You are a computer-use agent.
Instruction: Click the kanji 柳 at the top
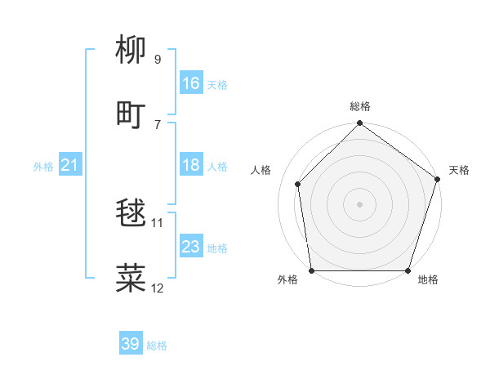[x=131, y=50]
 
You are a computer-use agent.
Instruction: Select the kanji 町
[x=131, y=114]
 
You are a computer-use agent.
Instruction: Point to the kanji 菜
[x=131, y=277]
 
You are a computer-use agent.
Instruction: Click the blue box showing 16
[x=191, y=83]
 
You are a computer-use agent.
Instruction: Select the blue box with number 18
[x=191, y=166]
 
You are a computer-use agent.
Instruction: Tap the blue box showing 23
[x=191, y=248]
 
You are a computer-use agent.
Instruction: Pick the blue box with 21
[x=70, y=166]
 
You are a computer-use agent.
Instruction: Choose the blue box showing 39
[x=131, y=344]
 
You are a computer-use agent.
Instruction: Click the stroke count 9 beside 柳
[x=158, y=60]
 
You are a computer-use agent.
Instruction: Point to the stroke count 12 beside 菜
[x=158, y=288]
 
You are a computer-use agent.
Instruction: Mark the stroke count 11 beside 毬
[x=158, y=222]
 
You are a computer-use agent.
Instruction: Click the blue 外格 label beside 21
[x=43, y=167]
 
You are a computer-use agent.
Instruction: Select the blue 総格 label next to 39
[x=157, y=346]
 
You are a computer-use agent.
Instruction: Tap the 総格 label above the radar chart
[x=360, y=106]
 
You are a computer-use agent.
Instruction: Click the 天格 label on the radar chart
[x=459, y=170]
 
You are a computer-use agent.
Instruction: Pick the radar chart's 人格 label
[x=261, y=170]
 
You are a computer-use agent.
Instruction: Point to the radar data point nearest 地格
[x=408, y=270]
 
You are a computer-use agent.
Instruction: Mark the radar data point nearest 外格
[x=311, y=270]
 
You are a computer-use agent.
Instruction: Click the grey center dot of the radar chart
[x=360, y=203]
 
